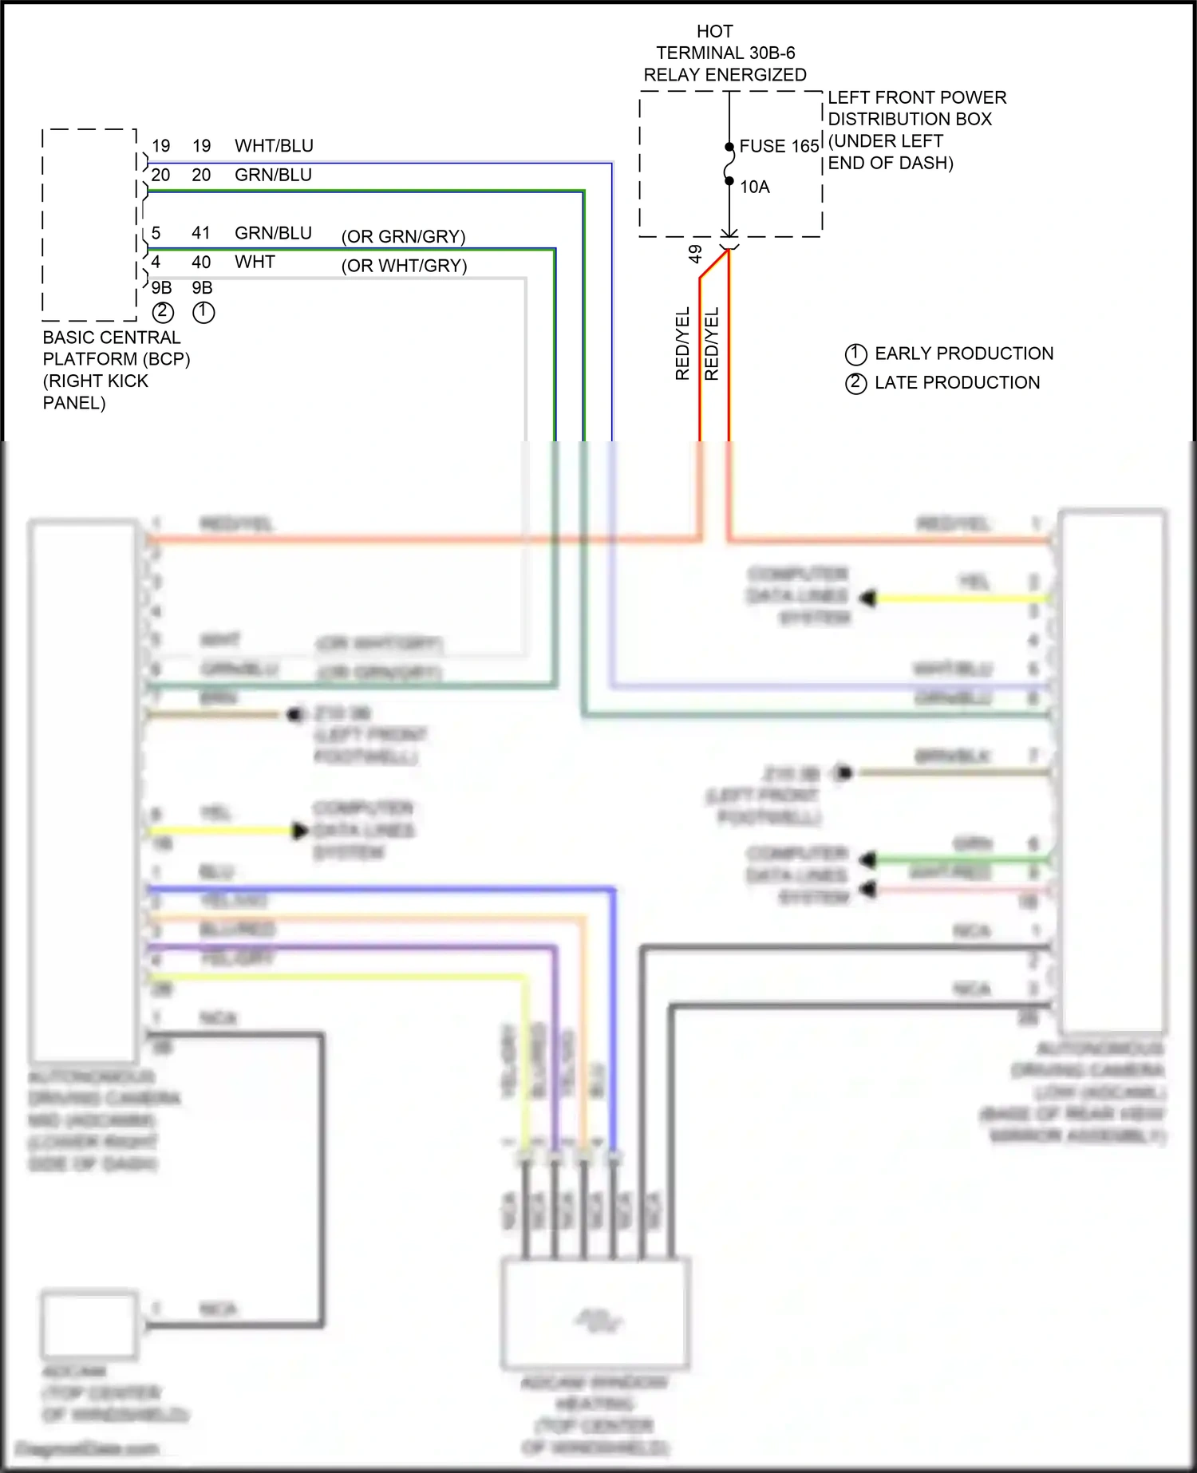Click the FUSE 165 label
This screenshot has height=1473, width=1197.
779,146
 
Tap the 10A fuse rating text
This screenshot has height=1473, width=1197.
754,187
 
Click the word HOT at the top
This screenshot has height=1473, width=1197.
714,31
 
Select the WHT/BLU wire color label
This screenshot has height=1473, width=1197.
274,146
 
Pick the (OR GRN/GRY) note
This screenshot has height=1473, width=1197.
403,237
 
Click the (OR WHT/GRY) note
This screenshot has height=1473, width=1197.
404,266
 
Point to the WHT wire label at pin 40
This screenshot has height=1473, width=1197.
255,262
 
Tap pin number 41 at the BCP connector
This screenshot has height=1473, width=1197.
201,233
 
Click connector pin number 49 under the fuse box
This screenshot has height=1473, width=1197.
695,254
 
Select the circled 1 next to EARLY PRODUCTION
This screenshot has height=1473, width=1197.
855,354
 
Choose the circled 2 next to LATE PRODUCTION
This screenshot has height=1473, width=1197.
855,383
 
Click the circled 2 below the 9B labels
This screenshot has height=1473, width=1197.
163,312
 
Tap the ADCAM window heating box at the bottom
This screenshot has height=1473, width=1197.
595,1313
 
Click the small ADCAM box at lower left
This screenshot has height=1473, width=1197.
89,1325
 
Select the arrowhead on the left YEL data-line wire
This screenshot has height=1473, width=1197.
299,831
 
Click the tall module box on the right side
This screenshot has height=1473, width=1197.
1112,770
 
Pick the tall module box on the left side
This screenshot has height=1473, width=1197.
84,790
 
